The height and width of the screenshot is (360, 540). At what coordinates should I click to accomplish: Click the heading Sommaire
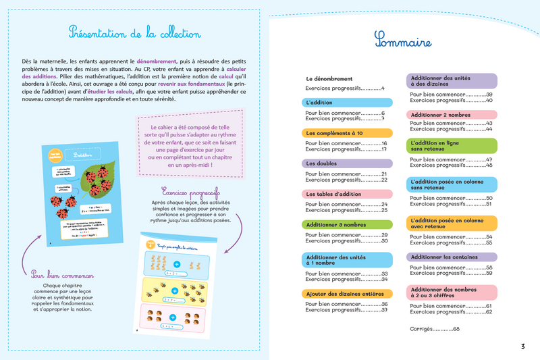tap(403, 41)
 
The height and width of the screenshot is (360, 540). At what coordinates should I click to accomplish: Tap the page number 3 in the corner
tap(522, 346)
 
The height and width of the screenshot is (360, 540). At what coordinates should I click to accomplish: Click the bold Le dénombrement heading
tap(329, 79)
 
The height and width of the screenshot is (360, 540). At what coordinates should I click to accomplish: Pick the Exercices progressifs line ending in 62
tap(450, 312)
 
